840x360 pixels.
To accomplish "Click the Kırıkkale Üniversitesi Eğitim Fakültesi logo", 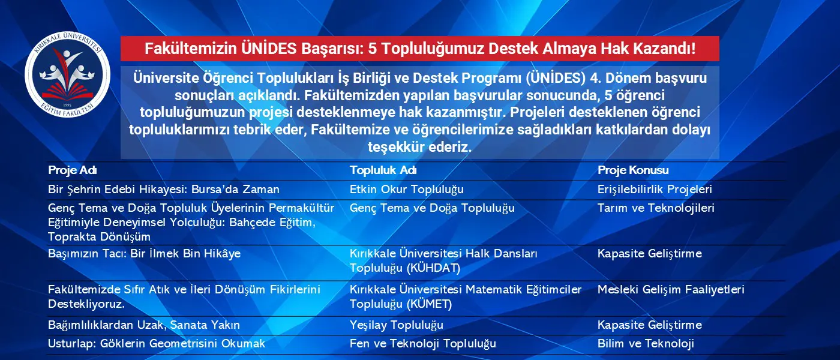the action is click(67, 74).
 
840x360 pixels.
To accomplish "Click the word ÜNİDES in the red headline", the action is click(269, 49).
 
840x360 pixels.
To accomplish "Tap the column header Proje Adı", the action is click(73, 170).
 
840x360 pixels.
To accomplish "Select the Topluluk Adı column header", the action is click(383, 170).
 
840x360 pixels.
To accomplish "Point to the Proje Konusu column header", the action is click(633, 170).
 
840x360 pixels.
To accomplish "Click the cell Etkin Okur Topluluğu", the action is click(407, 190).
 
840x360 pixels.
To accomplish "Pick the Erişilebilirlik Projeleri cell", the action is click(655, 190).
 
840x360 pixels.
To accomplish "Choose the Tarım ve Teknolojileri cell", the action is click(656, 208).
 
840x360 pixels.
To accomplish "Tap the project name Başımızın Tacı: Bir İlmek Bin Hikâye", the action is click(145, 253).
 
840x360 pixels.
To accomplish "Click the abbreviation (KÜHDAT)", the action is click(433, 268).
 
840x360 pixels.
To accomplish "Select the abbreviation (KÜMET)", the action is click(430, 304).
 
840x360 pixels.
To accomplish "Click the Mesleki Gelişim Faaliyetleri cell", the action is click(671, 289).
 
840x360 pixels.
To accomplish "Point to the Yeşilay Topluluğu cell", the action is click(397, 325).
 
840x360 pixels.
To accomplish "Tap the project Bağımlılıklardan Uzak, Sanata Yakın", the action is click(144, 325).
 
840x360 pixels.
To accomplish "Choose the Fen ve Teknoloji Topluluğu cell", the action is click(422, 343).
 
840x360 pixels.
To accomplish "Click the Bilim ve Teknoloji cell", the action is click(646, 343).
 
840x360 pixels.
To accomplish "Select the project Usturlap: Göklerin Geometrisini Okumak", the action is click(157, 343).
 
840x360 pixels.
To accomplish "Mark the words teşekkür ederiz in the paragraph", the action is click(419, 146).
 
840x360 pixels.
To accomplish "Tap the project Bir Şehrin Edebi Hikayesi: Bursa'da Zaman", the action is click(163, 190).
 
